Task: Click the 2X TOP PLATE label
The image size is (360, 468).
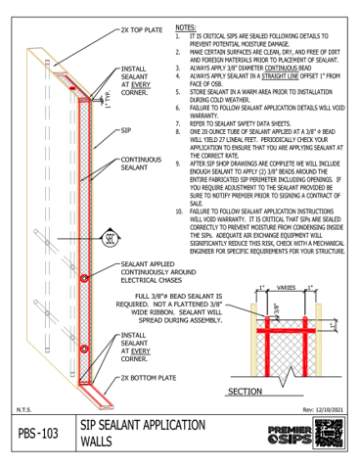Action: pyautogui.click(x=143, y=30)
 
